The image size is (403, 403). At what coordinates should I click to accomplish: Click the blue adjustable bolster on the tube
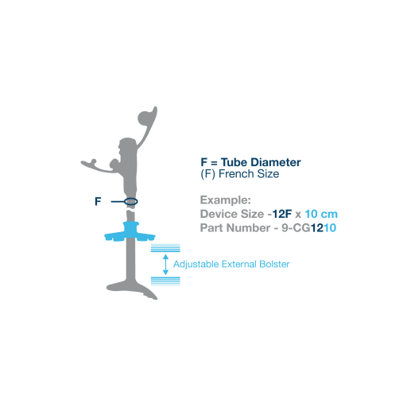click(130, 233)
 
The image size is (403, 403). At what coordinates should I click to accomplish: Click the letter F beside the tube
click(98, 202)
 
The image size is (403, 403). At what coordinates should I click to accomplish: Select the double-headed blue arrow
click(165, 265)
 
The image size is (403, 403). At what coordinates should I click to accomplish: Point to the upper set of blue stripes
click(165, 248)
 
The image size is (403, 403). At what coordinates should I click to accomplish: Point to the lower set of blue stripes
click(165, 281)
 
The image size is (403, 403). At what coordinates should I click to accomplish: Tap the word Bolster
click(274, 264)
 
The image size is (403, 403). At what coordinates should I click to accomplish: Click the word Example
click(226, 200)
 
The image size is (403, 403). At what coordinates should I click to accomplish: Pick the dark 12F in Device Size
click(282, 214)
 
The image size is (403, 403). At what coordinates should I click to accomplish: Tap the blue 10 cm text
click(321, 214)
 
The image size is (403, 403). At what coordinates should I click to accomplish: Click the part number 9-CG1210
click(308, 228)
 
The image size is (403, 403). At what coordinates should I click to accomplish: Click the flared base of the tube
click(132, 289)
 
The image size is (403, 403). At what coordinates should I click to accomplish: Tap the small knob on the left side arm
click(94, 161)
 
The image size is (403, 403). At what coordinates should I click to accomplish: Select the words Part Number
click(235, 228)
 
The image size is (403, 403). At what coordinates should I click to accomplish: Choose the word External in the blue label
click(239, 264)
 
